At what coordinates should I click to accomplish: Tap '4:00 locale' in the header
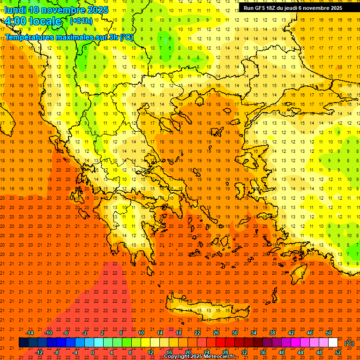(33, 21)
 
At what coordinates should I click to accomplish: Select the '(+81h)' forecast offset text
(81, 21)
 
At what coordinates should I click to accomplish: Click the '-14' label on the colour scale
(30, 333)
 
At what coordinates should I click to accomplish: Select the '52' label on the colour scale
(338, 352)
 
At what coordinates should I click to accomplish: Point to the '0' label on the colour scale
(93, 352)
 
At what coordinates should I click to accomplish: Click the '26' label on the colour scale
(216, 333)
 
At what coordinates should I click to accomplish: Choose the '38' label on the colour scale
(272, 333)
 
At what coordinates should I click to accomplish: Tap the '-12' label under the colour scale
(39, 352)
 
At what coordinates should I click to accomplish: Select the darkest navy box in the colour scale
(23, 343)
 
